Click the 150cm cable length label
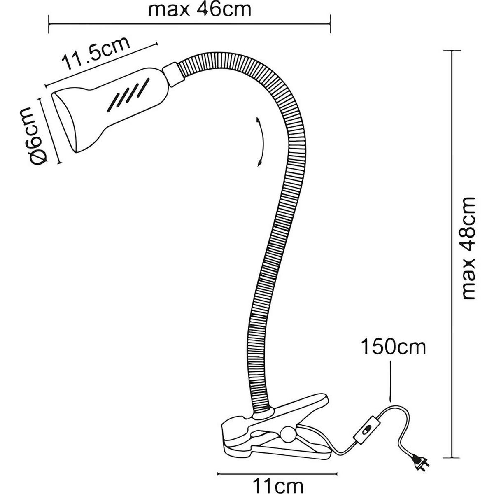pos(393,347)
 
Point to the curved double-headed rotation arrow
pos(259,142)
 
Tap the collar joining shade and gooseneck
pos(172,75)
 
